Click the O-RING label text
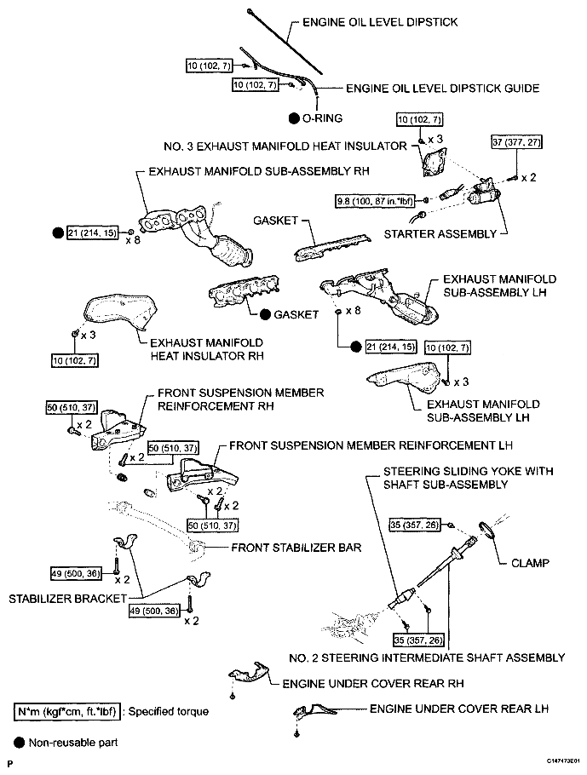[322, 118]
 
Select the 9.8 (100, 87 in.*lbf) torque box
[376, 201]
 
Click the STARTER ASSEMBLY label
[440, 234]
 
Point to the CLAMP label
[530, 563]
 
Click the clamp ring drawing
[486, 530]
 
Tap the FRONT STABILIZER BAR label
[296, 548]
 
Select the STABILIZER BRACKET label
[68, 599]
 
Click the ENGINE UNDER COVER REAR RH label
[373, 684]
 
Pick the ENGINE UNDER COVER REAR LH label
[459, 709]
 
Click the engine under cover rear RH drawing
[250, 673]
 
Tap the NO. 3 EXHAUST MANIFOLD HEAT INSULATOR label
[285, 146]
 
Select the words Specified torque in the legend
[169, 712]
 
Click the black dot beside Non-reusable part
[20, 743]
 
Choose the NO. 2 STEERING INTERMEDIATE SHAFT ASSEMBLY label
[427, 657]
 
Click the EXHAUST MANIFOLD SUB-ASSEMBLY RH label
[259, 171]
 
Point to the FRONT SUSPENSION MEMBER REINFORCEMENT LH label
[371, 445]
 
